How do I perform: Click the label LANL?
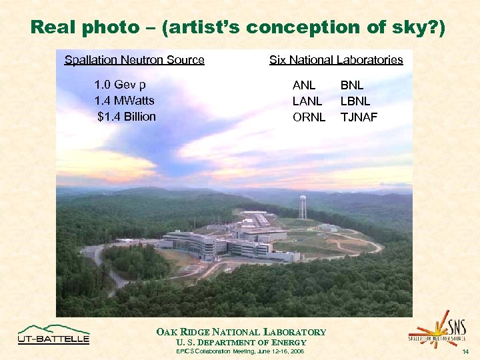[307, 101]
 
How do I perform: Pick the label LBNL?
[355, 101]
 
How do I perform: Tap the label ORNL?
[309, 117]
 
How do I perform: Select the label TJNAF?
[359, 117]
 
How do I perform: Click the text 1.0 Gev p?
[120, 85]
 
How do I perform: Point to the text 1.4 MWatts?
[124, 101]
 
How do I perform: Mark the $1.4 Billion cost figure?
[126, 117]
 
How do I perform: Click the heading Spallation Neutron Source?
[134, 60]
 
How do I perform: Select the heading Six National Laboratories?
[336, 60]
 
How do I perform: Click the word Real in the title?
[54, 27]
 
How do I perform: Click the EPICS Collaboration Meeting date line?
[241, 351]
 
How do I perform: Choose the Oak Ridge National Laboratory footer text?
[241, 332]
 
